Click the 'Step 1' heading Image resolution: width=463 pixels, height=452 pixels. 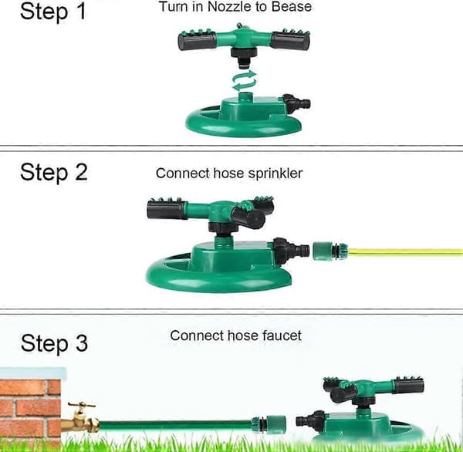coord(53,12)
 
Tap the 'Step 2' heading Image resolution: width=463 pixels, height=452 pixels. coord(54,172)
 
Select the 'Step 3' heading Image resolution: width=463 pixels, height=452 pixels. coord(54,343)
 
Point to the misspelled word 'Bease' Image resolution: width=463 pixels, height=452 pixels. coord(291,6)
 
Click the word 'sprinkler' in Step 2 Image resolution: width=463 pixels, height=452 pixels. coord(275,174)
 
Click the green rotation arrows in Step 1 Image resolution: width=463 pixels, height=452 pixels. coord(244,80)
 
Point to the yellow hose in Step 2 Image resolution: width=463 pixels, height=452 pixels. coord(405,251)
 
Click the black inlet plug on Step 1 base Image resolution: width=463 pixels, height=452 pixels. coord(296,103)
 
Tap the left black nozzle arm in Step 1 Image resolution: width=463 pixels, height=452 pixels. coord(197,41)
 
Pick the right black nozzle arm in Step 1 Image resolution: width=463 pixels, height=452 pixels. coord(290,40)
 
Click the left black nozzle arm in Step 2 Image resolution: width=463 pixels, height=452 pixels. coord(167,210)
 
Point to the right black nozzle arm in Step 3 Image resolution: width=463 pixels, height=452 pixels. coord(409,386)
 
